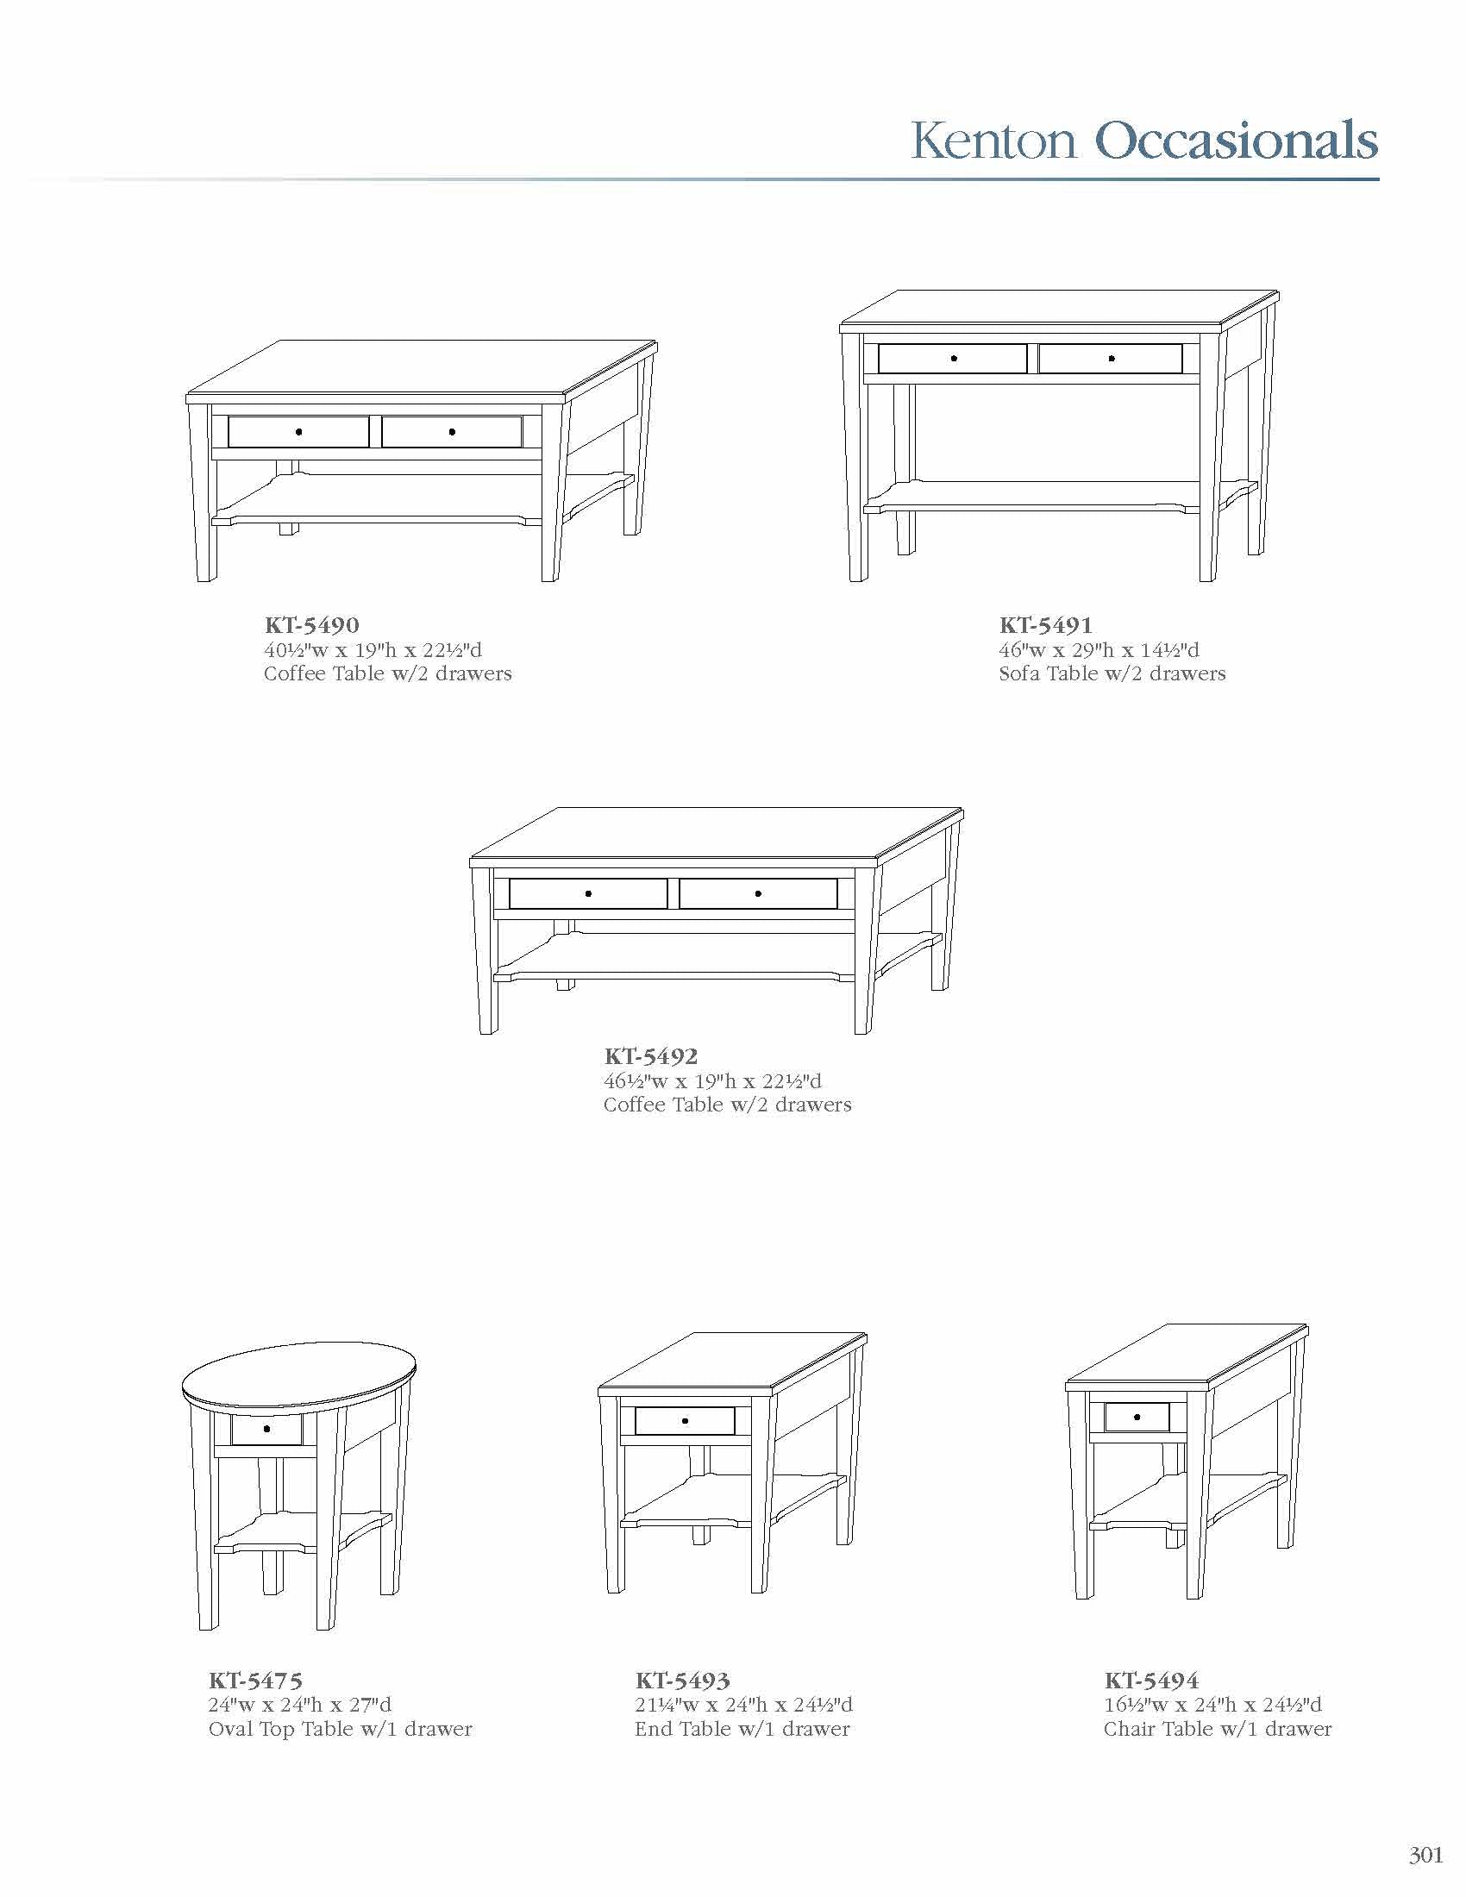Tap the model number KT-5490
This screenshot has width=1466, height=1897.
coord(312,624)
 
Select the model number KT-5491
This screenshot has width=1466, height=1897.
coord(1046,624)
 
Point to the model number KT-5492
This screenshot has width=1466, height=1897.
coord(651,1056)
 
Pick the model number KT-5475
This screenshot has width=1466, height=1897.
coord(255,1680)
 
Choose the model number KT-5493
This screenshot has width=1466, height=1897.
coord(683,1680)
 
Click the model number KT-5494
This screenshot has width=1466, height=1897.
coord(1151,1680)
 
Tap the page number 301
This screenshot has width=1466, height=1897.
coord(1425,1856)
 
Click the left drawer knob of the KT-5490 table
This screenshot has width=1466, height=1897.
coord(298,432)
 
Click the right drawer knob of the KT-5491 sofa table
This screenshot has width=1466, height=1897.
coord(1112,358)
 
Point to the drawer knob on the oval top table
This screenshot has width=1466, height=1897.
coord(266,1429)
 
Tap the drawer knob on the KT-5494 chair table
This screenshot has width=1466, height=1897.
coord(1137,1418)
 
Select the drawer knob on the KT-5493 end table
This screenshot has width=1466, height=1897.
coord(686,1421)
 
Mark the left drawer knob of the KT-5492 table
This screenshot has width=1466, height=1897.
coord(588,894)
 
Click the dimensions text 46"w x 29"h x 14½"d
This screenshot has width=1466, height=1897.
coord(1099,649)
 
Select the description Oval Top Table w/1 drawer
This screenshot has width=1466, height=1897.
coord(341,1730)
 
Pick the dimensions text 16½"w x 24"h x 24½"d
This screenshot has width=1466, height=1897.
coord(1213,1704)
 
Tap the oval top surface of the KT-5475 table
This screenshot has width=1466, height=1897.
coord(301,1379)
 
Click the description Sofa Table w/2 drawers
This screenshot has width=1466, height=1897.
coord(1112,673)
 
